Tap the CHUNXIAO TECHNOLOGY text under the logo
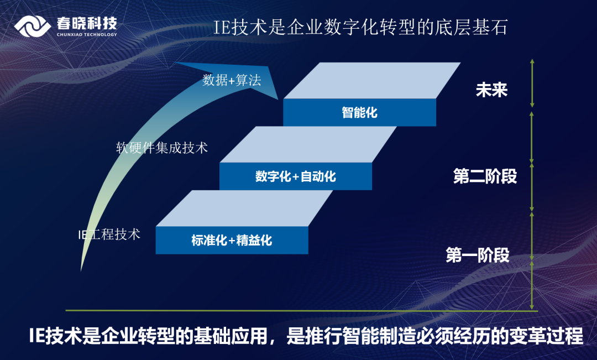[x=87, y=34]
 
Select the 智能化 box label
[x=359, y=113]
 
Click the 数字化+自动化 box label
[x=296, y=177]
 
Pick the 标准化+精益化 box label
[x=232, y=241]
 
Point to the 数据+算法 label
[x=232, y=80]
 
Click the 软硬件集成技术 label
[x=162, y=148]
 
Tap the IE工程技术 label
[x=109, y=234]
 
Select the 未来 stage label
[x=491, y=90]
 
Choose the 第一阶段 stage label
[x=478, y=255]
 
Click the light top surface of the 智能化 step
[x=371, y=80]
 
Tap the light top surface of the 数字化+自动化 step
[x=308, y=144]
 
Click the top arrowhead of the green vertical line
[x=532, y=61]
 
